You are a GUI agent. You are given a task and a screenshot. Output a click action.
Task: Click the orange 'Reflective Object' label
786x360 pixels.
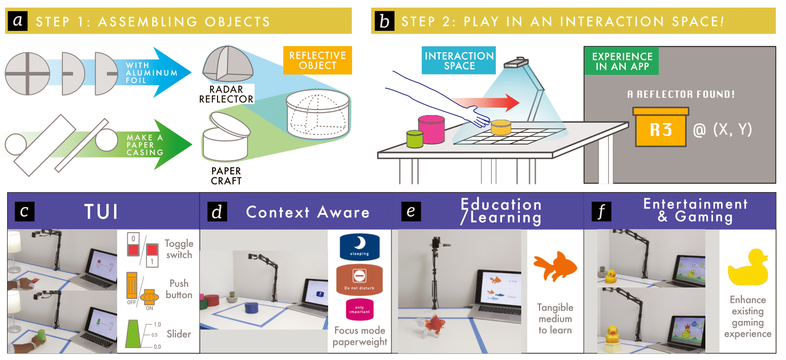317,60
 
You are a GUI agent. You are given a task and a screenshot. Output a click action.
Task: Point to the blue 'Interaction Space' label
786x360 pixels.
459,61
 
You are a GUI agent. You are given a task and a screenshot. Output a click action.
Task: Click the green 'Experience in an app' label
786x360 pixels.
622,61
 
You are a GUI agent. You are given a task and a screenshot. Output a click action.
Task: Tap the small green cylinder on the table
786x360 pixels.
414,139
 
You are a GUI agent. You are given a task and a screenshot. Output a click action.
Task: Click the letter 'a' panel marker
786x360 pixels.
18,21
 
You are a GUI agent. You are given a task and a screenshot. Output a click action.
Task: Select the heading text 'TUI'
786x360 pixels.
101,211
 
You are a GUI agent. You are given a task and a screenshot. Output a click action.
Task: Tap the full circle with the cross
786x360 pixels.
27,74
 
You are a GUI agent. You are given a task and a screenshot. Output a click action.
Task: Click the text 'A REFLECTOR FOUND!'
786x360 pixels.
681,94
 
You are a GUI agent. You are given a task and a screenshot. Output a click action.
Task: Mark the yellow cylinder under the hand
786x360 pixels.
500,127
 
